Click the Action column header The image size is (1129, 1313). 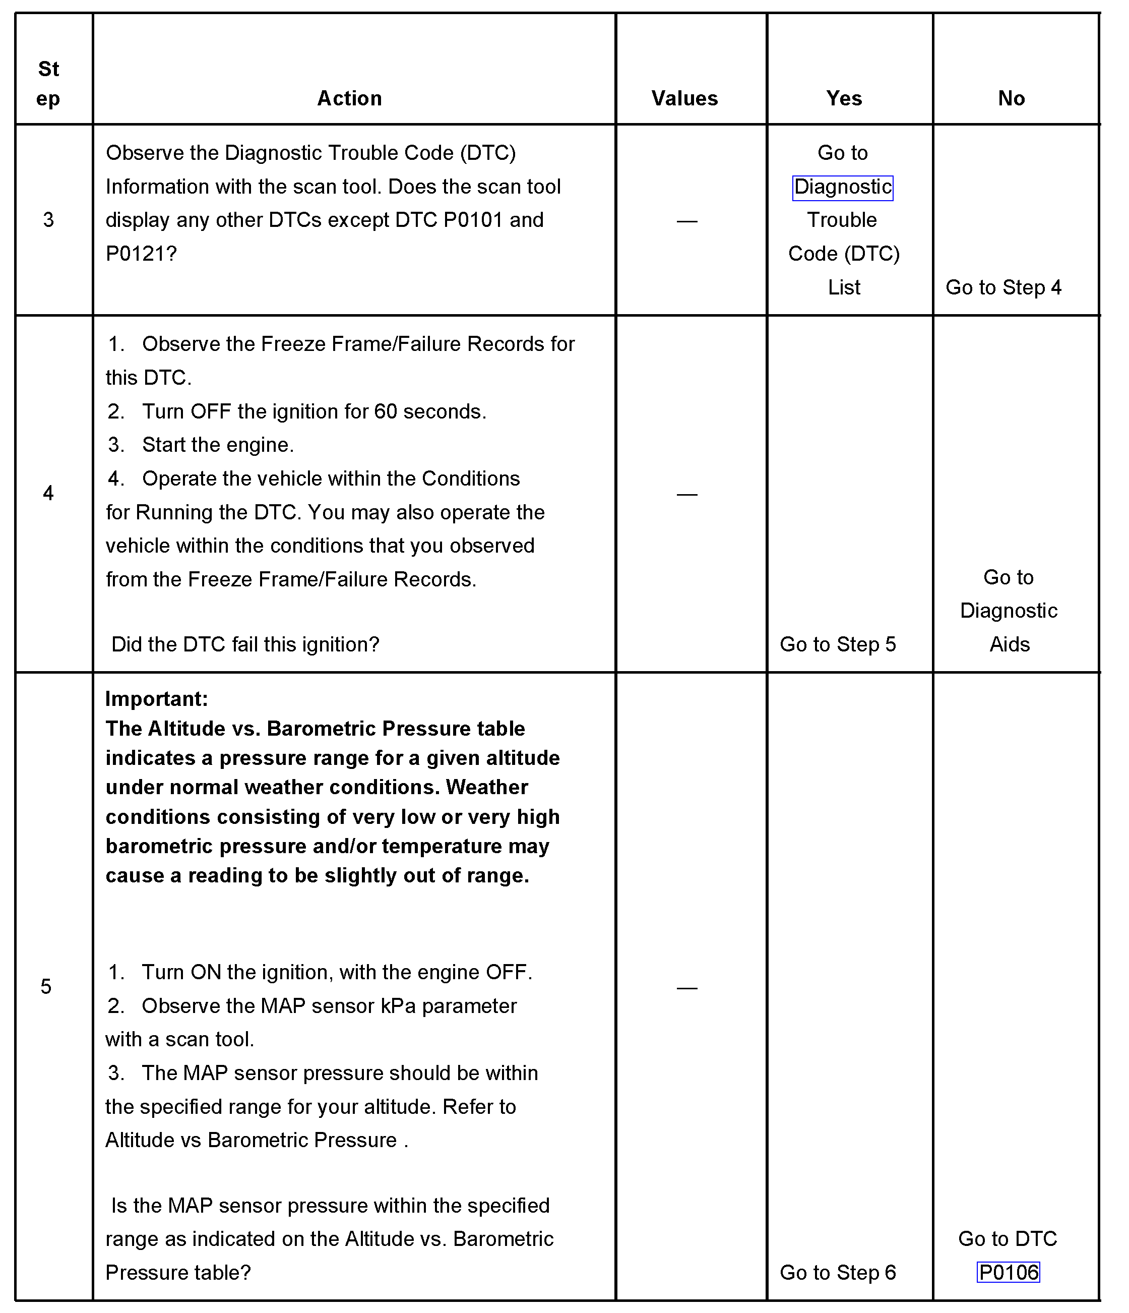click(x=349, y=98)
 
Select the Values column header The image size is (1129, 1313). click(x=684, y=98)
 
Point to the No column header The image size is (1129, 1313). click(x=1011, y=98)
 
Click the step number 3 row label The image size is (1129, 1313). click(x=48, y=220)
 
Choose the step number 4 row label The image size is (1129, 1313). click(x=48, y=493)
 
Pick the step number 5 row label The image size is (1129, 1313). click(x=46, y=986)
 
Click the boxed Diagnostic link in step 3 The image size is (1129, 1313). click(x=843, y=187)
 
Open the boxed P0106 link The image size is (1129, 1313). click(x=1009, y=1272)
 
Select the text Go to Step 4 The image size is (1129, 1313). click(x=1003, y=287)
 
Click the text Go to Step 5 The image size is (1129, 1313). click(x=838, y=644)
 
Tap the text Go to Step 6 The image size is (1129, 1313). click(x=838, y=1272)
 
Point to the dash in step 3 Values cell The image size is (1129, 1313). click(x=687, y=221)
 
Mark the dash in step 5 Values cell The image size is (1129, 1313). click(x=687, y=987)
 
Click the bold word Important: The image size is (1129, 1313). click(x=156, y=698)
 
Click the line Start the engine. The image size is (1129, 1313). click(x=217, y=445)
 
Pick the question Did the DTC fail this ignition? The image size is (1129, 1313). click(x=245, y=644)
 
